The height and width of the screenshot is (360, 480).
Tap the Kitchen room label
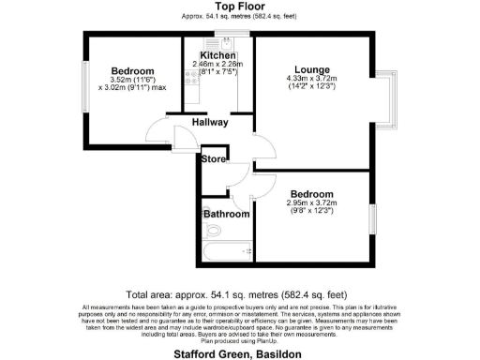(217, 56)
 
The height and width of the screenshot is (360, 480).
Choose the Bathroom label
(227, 214)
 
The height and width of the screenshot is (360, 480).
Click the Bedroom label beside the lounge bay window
(310, 195)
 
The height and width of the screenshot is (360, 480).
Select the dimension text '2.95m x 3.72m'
(310, 204)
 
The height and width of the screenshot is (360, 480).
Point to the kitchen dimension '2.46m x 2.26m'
(217, 65)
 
